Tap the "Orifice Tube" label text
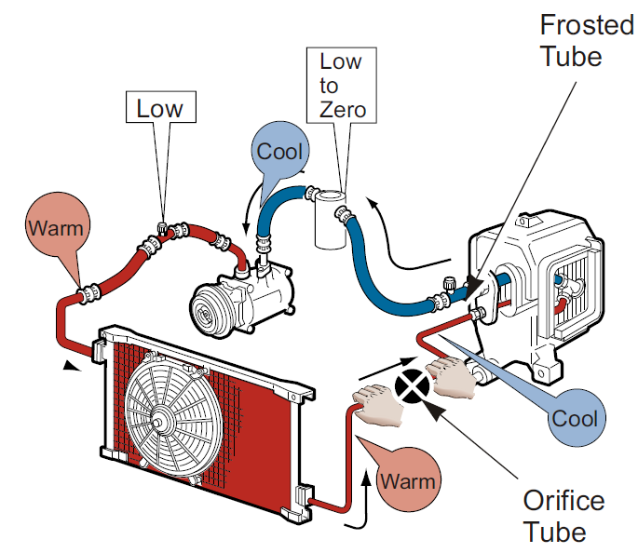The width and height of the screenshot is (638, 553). coord(563,517)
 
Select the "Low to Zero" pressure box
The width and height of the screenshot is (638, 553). coord(342,86)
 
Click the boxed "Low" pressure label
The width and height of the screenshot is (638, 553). coord(160,108)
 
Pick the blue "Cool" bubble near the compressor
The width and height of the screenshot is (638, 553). coord(279,152)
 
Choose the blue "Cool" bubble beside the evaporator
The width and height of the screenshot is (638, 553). coord(575,418)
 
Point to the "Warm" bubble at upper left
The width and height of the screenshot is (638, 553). coord(55,227)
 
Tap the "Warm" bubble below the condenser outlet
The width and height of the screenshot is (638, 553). coord(408,482)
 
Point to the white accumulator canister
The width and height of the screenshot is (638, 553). coord(329,221)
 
